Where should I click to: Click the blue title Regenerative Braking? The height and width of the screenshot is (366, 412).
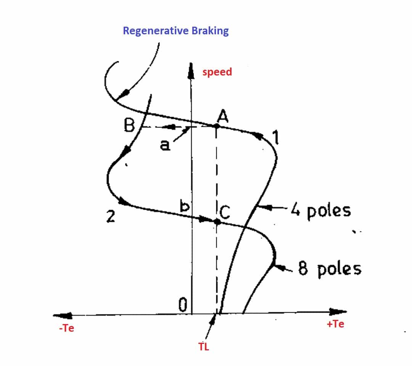pos(175,31)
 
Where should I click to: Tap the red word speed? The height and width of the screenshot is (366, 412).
pos(217,72)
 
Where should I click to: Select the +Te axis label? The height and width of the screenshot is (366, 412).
pos(335,324)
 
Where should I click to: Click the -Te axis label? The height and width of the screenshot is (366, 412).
pos(66,328)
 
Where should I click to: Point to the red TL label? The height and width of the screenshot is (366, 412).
pos(204,347)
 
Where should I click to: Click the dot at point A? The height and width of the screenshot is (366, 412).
pos(216,126)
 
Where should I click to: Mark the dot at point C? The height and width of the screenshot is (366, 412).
pos(217,221)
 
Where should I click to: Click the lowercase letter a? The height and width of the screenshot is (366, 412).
pos(165,145)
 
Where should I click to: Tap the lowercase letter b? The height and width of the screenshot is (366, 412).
pos(185,206)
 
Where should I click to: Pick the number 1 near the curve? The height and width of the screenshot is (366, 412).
pos(275,138)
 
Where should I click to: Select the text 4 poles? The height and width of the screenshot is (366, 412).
pos(321,210)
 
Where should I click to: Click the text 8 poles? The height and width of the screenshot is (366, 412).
pos(330,269)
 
